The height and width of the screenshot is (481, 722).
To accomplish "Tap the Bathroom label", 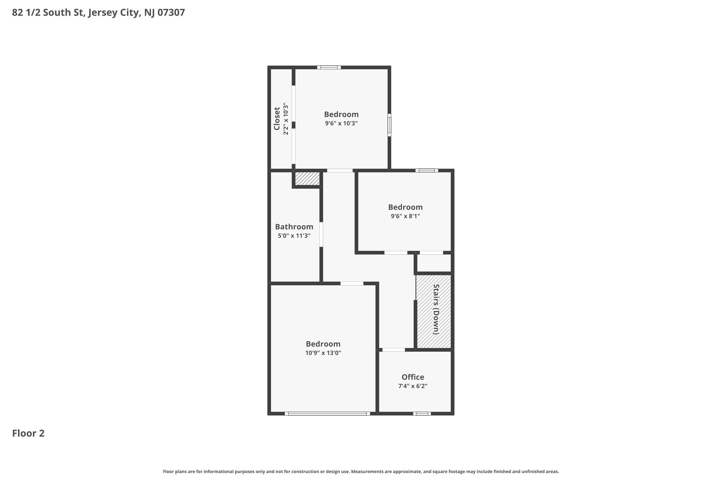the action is pos(294,227).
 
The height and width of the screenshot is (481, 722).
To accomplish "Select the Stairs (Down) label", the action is pos(436,309).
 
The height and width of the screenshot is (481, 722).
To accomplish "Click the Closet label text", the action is pos(277,119).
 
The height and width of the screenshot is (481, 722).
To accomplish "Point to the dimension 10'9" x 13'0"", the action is pos(323,353).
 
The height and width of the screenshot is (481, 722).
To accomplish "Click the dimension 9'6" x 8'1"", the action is pos(405,216).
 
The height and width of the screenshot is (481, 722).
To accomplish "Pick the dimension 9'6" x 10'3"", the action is pos(341,123).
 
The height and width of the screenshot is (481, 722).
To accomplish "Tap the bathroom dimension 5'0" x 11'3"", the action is pos(294,236).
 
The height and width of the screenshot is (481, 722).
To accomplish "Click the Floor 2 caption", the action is pos(28,433).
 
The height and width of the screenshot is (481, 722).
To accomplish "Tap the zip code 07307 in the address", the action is pos(171,12).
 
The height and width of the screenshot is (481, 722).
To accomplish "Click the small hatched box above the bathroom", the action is pos(307,178).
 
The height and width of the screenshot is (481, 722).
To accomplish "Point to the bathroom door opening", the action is pos(321,234).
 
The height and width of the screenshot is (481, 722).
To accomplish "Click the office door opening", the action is pos(393,350).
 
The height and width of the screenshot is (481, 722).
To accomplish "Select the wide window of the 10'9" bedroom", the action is pos(327,413).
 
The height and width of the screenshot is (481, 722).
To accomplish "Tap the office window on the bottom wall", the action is pos(422,413).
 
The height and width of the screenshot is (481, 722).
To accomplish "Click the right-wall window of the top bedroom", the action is pos(389,125).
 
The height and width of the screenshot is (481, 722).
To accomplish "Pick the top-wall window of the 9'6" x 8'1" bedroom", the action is pos(427,171).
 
